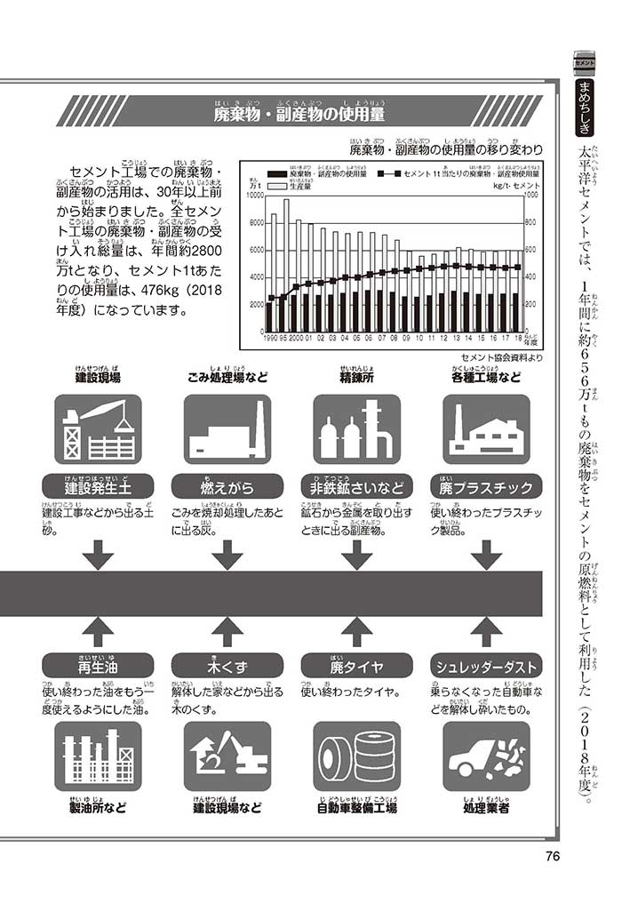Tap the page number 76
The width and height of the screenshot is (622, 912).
coord(550,857)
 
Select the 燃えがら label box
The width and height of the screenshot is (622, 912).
coord(227,487)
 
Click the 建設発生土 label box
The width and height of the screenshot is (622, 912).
coord(98,487)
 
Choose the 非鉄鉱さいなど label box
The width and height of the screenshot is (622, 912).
coord(356,487)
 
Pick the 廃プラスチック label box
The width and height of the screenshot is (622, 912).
coord(486,487)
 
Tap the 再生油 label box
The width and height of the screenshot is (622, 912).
coord(98,666)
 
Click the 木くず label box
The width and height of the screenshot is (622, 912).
coord(227,666)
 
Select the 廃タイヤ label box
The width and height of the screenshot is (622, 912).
coord(356,666)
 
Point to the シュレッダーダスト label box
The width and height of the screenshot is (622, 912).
coord(486,666)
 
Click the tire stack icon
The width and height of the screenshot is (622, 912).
coord(356,756)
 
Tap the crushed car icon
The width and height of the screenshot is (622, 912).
coord(486,756)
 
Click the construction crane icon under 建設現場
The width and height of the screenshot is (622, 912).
coord(98,429)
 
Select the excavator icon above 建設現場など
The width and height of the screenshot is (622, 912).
coord(227,756)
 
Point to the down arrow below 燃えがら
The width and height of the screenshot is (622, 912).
coord(227,555)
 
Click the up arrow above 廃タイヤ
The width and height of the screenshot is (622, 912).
coord(356,631)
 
